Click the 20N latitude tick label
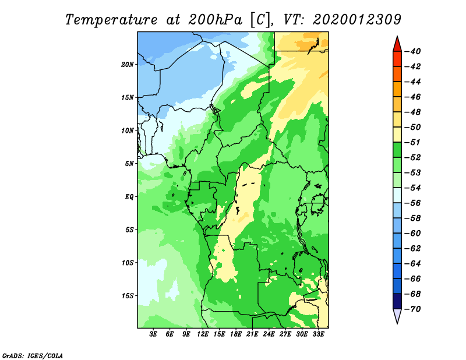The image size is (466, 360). coord(127,65)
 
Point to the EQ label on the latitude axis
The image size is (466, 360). coord(129,197)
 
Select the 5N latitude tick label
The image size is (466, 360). coord(129,164)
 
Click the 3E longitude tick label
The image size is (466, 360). coord(153,334)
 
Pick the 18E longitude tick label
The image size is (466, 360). coord(236,334)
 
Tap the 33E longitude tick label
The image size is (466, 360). coord(318,334)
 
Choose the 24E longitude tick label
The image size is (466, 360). coord(269,334)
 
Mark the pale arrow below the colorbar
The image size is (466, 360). coord(397,316)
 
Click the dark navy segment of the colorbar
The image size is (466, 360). coord(397,301)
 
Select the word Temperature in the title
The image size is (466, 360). coord(111,20)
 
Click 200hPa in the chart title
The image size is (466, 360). coord(215,20)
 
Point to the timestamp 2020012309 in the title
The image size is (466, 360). coord(357,20)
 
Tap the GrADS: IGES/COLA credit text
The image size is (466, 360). coord(33,356)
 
